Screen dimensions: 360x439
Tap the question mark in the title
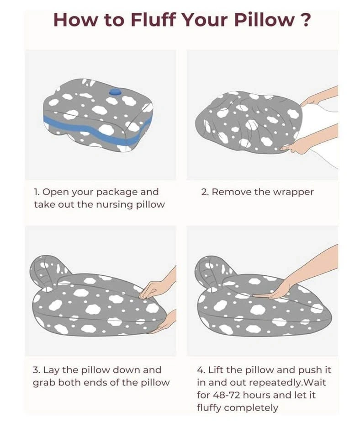306,20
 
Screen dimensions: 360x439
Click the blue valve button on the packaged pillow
115,92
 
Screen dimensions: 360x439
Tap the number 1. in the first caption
37,192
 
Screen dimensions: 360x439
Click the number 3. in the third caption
37,370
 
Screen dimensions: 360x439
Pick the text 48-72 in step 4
227,395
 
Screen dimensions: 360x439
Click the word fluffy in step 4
209,408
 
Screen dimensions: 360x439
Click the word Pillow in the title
265,20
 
